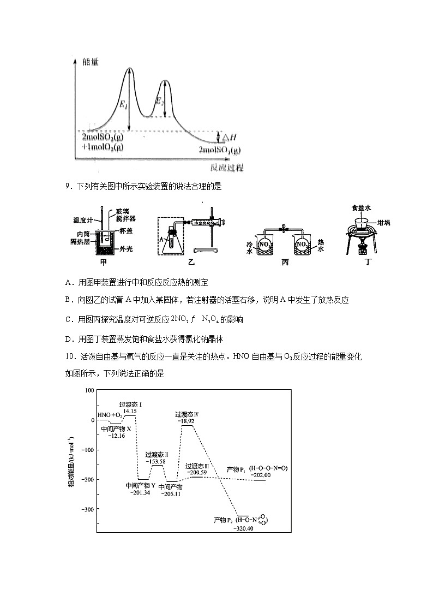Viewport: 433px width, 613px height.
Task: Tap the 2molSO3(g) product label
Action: point(220,150)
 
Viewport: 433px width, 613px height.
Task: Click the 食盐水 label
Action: point(362,207)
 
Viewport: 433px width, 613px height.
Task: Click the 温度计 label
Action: point(84,220)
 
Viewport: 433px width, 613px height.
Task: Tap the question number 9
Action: point(67,187)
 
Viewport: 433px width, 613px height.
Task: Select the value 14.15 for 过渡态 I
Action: point(130,411)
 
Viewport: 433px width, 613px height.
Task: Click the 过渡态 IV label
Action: point(187,414)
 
